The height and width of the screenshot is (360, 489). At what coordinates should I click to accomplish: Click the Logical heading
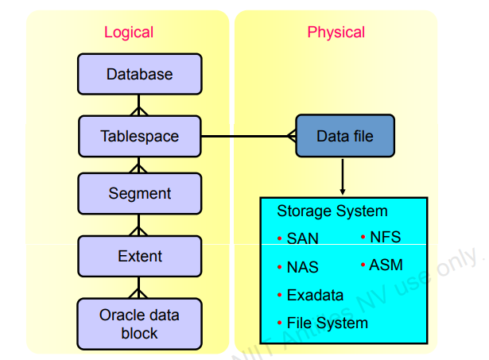(128, 33)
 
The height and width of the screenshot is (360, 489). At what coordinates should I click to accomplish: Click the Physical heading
(336, 33)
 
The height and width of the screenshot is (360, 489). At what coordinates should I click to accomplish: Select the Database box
(139, 75)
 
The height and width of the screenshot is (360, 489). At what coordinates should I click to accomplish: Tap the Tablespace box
(139, 136)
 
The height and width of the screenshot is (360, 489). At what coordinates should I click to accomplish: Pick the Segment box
(139, 194)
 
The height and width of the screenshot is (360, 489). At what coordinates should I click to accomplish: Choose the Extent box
(139, 256)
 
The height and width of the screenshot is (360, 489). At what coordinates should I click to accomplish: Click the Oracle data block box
(139, 323)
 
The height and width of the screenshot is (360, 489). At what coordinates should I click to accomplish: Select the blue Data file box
(344, 136)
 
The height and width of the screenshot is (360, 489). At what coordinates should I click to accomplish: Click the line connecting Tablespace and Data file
(246, 136)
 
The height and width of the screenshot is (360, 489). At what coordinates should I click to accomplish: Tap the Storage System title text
(332, 211)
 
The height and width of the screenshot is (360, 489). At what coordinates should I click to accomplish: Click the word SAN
(302, 238)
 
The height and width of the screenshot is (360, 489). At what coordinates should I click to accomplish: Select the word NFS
(386, 237)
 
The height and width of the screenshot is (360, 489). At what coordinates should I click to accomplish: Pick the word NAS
(302, 268)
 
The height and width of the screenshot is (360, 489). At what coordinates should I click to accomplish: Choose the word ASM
(386, 265)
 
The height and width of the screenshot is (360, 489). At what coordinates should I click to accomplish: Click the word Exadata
(315, 296)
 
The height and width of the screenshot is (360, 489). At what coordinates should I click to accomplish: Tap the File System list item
(327, 323)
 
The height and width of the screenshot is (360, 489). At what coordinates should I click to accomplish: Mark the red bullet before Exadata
(279, 296)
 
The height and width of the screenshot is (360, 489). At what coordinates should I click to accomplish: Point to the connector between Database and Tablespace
(139, 105)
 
